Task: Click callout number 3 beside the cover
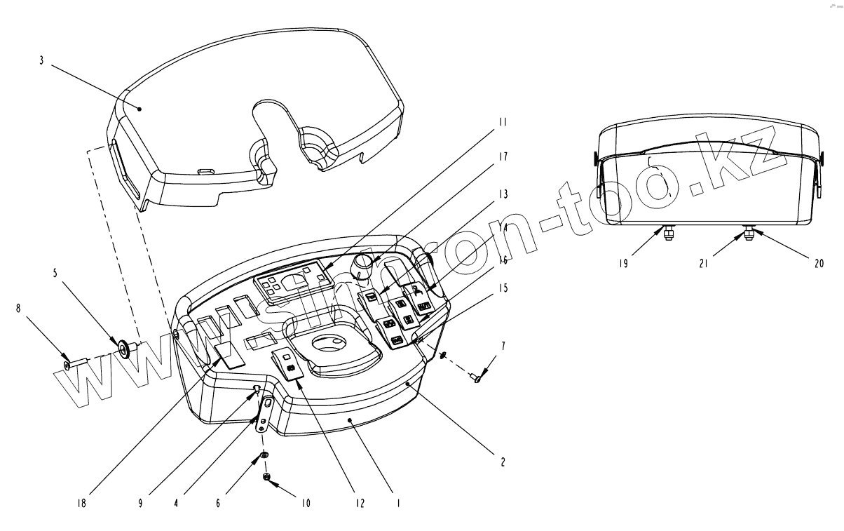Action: click(41, 61)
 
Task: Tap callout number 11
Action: click(503, 121)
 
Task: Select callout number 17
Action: click(503, 156)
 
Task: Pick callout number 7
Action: click(503, 346)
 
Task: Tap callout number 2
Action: click(503, 463)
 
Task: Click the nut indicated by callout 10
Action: click(266, 477)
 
